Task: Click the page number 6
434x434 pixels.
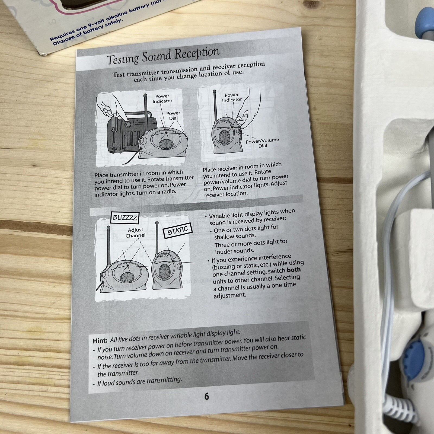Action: click(x=206, y=396)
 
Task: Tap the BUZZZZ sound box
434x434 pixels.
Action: click(x=125, y=217)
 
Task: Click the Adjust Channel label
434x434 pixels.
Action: click(x=136, y=233)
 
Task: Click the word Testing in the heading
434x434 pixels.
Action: click(x=123, y=58)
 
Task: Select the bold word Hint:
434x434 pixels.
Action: click(x=100, y=340)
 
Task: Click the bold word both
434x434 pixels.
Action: click(x=293, y=270)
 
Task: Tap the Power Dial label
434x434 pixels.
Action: click(x=173, y=116)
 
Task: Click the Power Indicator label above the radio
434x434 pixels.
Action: click(x=162, y=98)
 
